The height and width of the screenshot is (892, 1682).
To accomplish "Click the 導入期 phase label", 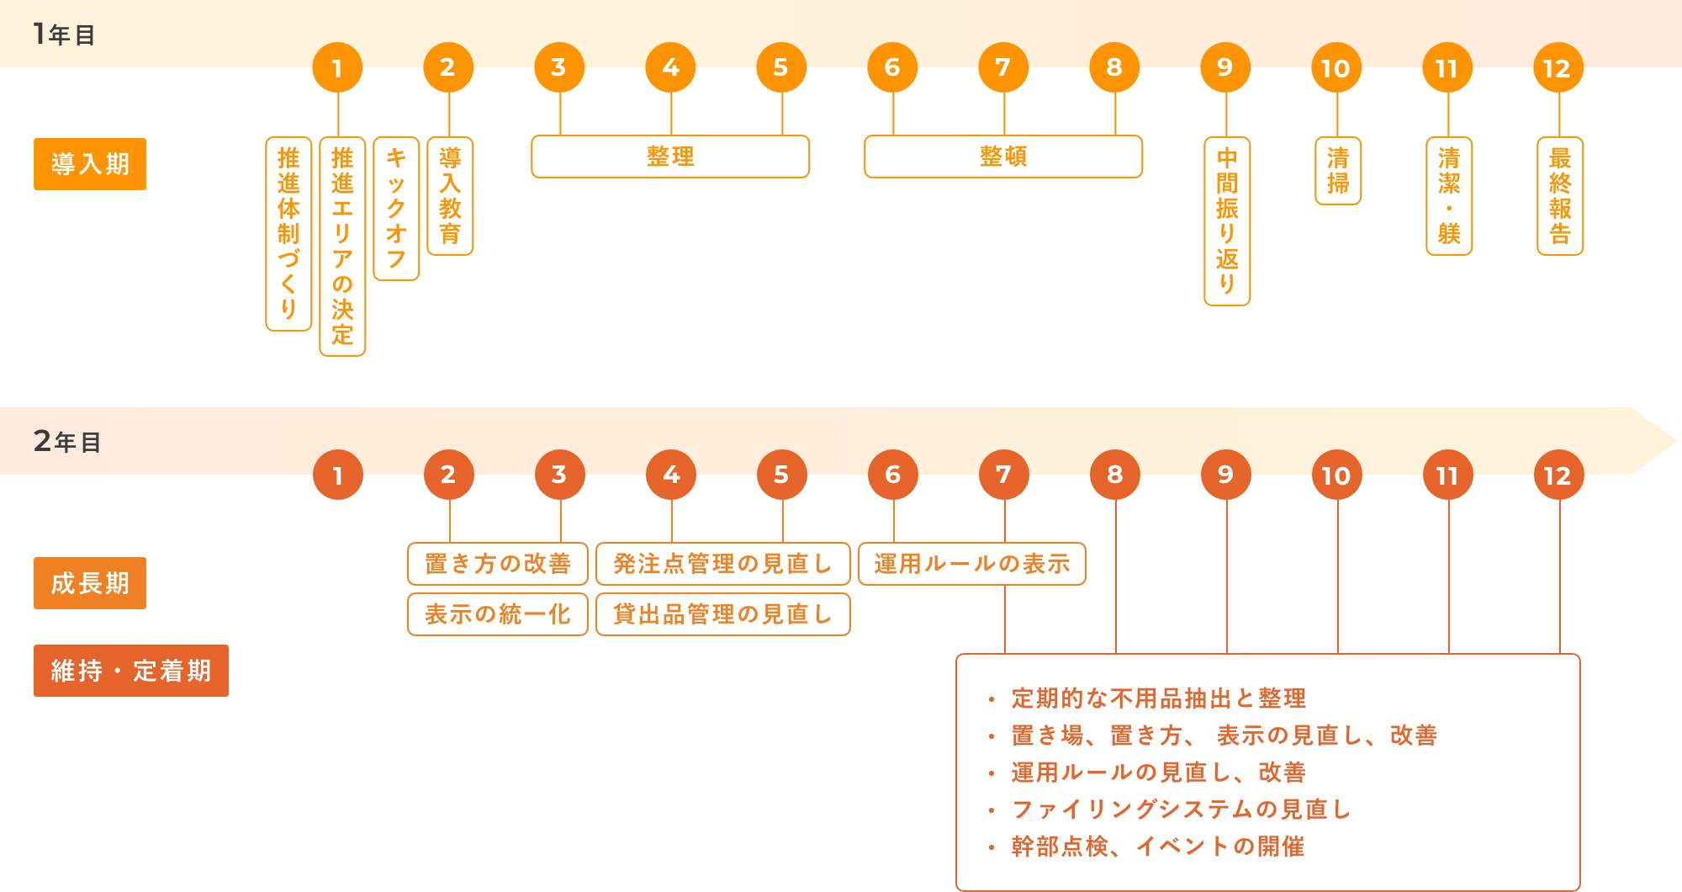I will pos(90,164).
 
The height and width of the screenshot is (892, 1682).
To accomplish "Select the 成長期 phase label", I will pos(90,583).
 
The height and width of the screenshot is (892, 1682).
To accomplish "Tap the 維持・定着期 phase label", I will pos(131,671).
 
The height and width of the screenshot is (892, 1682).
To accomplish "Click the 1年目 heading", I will pos(64,35).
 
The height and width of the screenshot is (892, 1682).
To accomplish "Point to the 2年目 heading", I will pos(67,441).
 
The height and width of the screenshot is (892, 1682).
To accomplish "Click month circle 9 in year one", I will pos(1225,67).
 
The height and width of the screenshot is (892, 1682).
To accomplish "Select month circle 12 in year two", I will pos(1558,475).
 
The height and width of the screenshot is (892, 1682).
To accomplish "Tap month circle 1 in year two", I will pos(338,475).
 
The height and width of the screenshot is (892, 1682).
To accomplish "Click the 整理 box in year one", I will pos(670,157).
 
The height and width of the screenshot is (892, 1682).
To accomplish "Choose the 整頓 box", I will pos(1003,157).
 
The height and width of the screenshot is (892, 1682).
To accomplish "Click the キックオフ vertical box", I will pos(396,209).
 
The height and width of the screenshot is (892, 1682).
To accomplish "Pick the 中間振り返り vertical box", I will pos(1227,221).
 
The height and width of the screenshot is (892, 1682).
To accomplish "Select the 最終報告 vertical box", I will pos(1560,196).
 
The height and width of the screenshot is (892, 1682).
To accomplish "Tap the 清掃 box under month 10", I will pos(1338,171).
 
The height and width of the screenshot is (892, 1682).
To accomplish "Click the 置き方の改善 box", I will pos(498,564).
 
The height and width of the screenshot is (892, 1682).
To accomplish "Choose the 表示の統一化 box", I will pos(498,614).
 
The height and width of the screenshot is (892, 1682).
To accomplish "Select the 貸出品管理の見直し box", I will pos(723,614).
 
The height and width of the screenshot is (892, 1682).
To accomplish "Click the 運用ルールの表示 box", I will pos(972,564).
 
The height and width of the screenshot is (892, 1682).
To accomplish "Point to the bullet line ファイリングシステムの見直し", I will pos(1181,810).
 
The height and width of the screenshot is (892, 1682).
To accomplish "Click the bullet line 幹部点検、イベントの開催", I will pos(1158,847).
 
